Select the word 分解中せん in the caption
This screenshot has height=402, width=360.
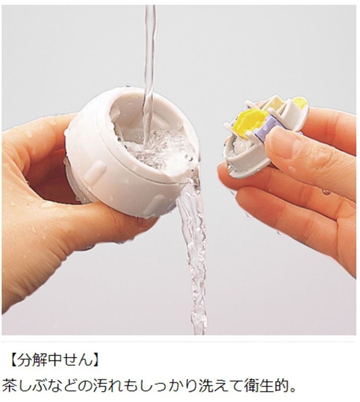pyautogui.click(x=55, y=360)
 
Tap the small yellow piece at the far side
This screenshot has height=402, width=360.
pyautogui.click(x=300, y=103)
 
